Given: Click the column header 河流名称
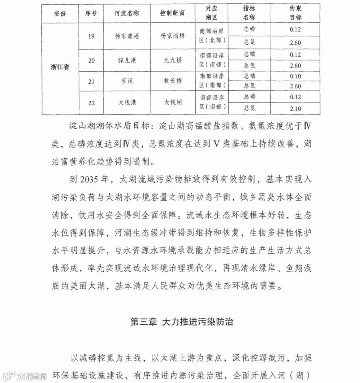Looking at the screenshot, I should tap(127, 14).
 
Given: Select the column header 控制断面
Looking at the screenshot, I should tap(172, 14).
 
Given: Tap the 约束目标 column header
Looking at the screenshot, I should tap(295, 13).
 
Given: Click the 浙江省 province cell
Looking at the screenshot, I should tap(60, 67).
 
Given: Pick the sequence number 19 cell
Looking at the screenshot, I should tap(91, 36).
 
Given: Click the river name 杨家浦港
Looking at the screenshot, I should tap(127, 36).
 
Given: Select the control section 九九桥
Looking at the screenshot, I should tap(173, 60).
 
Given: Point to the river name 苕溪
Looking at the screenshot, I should tap(127, 81).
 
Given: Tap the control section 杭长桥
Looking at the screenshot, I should tap(173, 81).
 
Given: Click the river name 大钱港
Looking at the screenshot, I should tap(127, 103).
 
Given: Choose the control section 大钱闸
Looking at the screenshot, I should tap(173, 103).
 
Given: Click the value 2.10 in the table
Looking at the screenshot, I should tap(295, 109).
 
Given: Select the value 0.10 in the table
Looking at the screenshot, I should tap(295, 76).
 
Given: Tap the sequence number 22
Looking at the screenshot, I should tap(91, 103).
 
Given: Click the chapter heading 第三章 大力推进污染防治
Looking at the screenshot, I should tap(182, 322).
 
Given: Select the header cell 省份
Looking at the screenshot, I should tap(60, 14).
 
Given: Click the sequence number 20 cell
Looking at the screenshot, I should tap(91, 60).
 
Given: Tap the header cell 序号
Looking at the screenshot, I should tap(91, 14).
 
